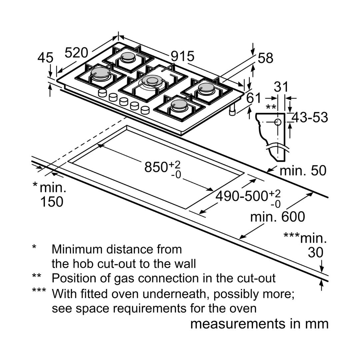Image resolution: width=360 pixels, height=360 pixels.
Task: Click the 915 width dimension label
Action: [182, 56]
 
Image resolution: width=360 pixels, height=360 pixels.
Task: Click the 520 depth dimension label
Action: [76, 52]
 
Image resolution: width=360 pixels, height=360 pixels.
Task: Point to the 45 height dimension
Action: [45, 58]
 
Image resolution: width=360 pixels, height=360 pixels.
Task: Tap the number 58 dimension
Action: [266, 58]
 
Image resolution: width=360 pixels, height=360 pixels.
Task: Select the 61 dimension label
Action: [254, 98]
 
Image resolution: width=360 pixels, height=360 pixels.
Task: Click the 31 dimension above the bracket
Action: [281, 87]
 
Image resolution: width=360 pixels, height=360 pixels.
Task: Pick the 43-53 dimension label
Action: [310, 117]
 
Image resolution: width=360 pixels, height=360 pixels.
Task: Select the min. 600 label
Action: [277, 217]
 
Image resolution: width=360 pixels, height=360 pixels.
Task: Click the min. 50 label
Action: [303, 171]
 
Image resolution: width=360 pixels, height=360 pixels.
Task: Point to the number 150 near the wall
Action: [51, 202]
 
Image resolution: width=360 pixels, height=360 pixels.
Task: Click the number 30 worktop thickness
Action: [315, 252]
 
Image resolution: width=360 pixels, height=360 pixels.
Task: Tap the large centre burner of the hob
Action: [152, 81]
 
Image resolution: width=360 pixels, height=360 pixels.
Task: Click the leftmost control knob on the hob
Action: [102, 93]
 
